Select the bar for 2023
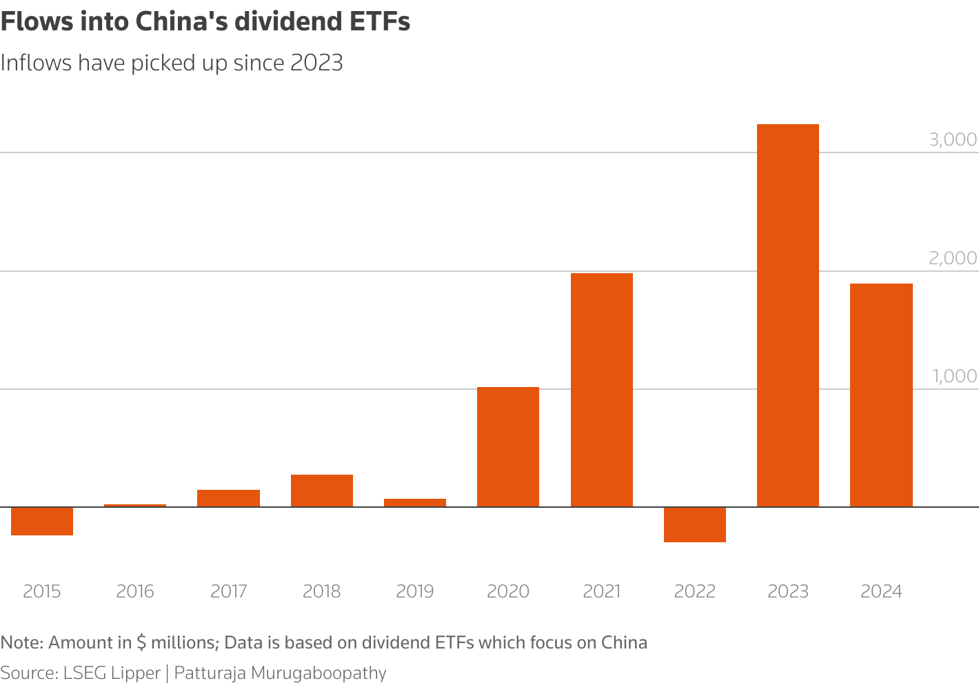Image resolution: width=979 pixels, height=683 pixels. click(787, 315)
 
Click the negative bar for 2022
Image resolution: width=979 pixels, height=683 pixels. click(694, 524)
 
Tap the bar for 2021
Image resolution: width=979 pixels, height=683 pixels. click(601, 390)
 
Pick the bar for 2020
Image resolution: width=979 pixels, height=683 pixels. click(508, 447)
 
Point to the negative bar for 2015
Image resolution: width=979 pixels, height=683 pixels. click(42, 521)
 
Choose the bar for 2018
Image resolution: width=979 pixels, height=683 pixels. click(321, 491)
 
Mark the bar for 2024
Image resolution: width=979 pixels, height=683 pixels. click(881, 395)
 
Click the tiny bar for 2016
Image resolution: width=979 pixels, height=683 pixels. click(135, 506)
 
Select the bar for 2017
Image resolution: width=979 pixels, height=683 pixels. click(228, 498)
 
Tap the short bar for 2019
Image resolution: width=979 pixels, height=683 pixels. click(415, 503)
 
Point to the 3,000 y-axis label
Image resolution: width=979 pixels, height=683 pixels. click(953, 139)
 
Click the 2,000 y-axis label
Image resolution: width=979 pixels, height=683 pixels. click(953, 258)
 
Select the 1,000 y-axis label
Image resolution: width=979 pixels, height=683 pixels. click(954, 376)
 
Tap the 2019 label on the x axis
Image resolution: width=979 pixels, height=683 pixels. click(415, 591)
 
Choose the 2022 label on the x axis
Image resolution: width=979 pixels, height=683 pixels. click(694, 591)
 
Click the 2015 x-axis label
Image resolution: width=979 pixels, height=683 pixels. click(42, 591)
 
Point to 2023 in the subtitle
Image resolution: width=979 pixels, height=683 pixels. click(316, 63)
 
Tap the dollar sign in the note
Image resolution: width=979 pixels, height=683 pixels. click(141, 643)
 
